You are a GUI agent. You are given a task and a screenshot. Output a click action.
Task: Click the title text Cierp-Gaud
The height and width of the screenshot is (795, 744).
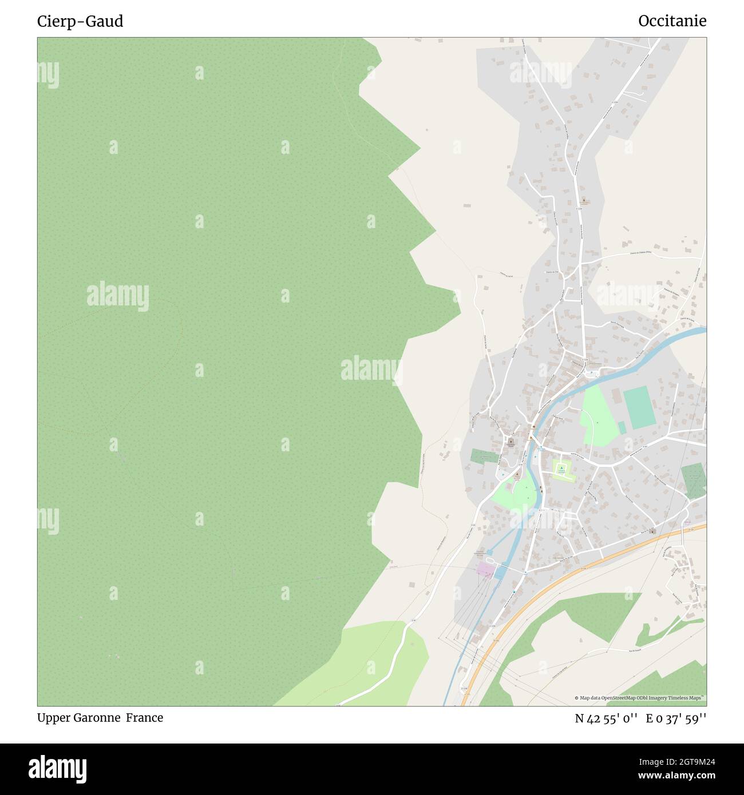click(x=80, y=21)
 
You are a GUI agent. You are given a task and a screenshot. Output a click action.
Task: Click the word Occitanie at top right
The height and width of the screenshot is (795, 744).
click(x=672, y=21)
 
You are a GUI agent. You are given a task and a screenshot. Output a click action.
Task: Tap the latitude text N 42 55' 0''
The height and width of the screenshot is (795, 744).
click(x=606, y=718)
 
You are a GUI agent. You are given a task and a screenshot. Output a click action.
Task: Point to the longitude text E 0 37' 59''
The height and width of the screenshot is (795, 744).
click(x=676, y=718)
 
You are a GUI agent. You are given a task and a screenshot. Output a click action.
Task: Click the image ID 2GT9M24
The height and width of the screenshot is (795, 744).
click(x=680, y=762)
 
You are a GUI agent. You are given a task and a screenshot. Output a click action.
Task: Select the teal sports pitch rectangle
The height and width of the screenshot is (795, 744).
click(x=639, y=407)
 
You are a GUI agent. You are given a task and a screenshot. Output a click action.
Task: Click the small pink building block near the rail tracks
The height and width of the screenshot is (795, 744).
click(x=485, y=570)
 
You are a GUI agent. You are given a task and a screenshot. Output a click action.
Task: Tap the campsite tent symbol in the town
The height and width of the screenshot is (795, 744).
click(x=562, y=470)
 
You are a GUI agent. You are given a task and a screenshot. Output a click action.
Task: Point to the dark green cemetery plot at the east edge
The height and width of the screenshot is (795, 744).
click(x=694, y=480)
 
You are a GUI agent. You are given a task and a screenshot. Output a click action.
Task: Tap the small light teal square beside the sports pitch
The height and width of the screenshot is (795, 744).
click(x=622, y=428)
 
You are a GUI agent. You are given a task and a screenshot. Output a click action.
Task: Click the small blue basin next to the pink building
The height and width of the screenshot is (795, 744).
click(x=500, y=571)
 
